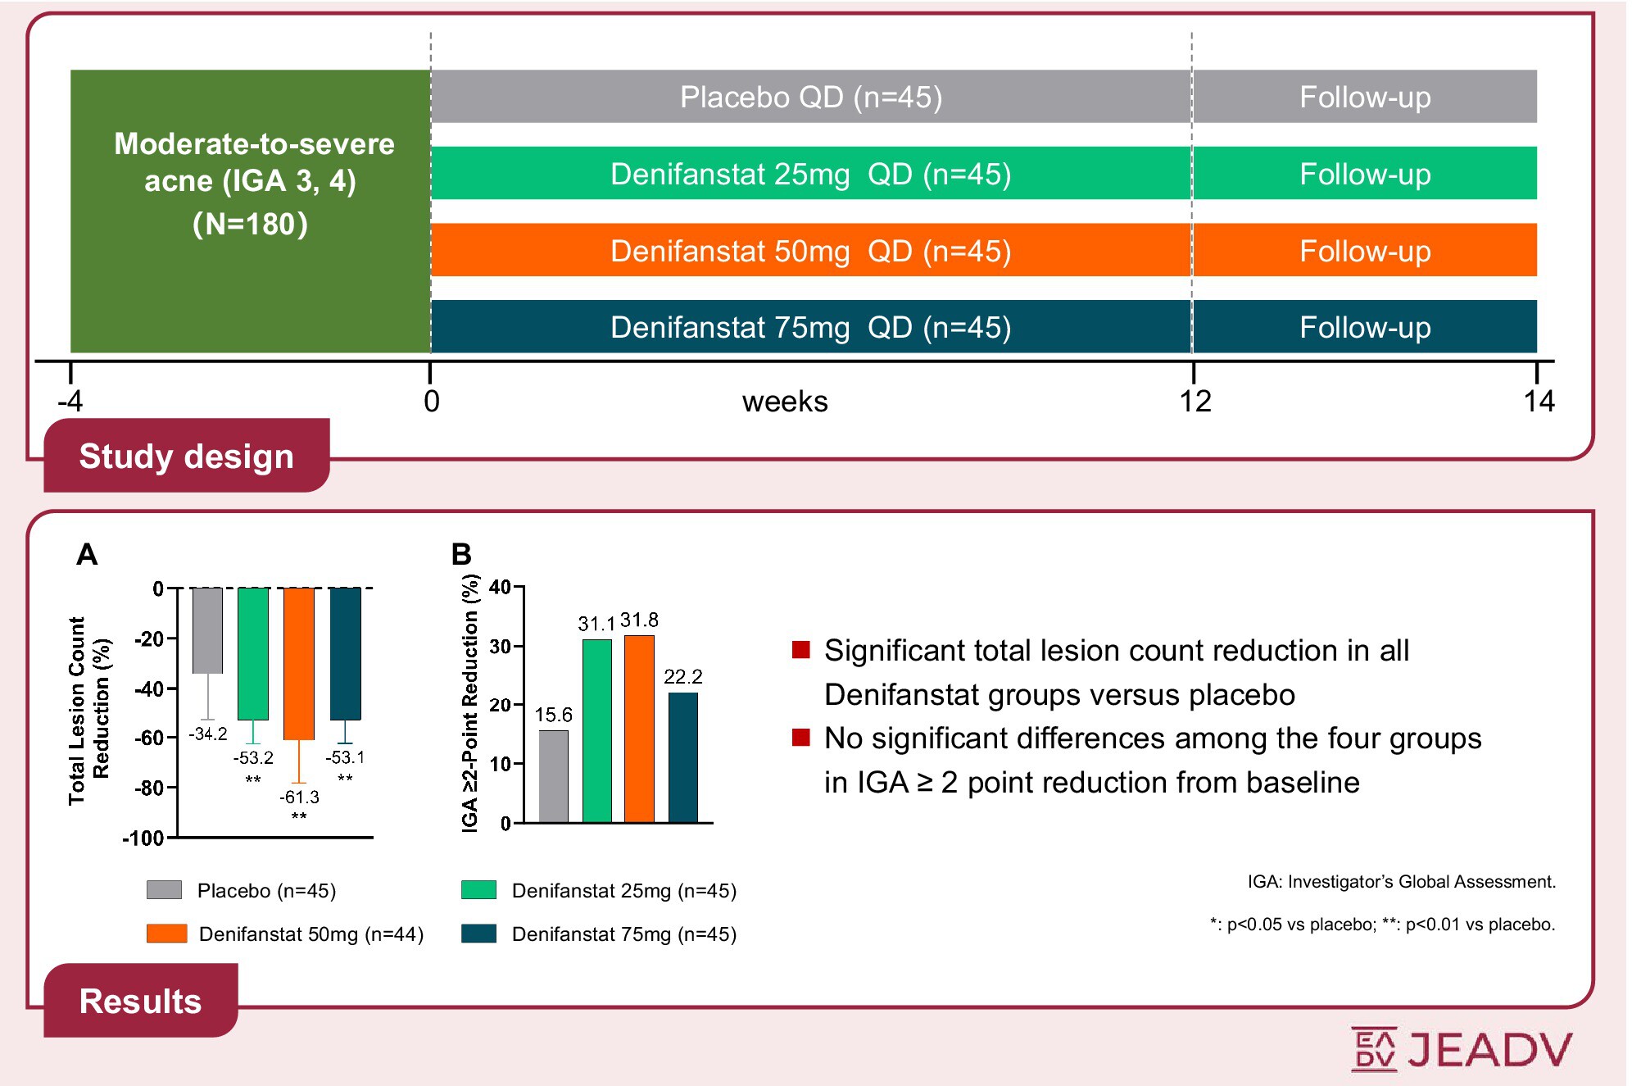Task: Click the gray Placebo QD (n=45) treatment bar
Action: tap(810, 97)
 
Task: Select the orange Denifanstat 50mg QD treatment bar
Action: tap(810, 250)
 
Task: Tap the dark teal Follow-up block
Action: tap(1364, 327)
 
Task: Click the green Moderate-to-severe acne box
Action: tap(251, 211)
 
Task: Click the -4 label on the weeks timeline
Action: tap(70, 401)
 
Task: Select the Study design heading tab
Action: tap(187, 456)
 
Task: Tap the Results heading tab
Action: tap(140, 1001)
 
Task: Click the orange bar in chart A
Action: tap(299, 663)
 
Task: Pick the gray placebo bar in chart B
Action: tap(554, 776)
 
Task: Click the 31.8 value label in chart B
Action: tap(639, 620)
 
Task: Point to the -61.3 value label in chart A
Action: tap(299, 797)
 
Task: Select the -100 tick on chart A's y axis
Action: tap(143, 838)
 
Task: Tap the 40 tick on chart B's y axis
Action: tap(500, 587)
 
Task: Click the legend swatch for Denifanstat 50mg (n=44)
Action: tap(166, 934)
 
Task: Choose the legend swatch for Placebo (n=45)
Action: tap(164, 890)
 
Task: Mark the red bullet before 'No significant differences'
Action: tap(800, 738)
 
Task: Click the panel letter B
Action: tap(461, 555)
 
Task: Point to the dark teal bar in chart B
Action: tap(683, 757)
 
